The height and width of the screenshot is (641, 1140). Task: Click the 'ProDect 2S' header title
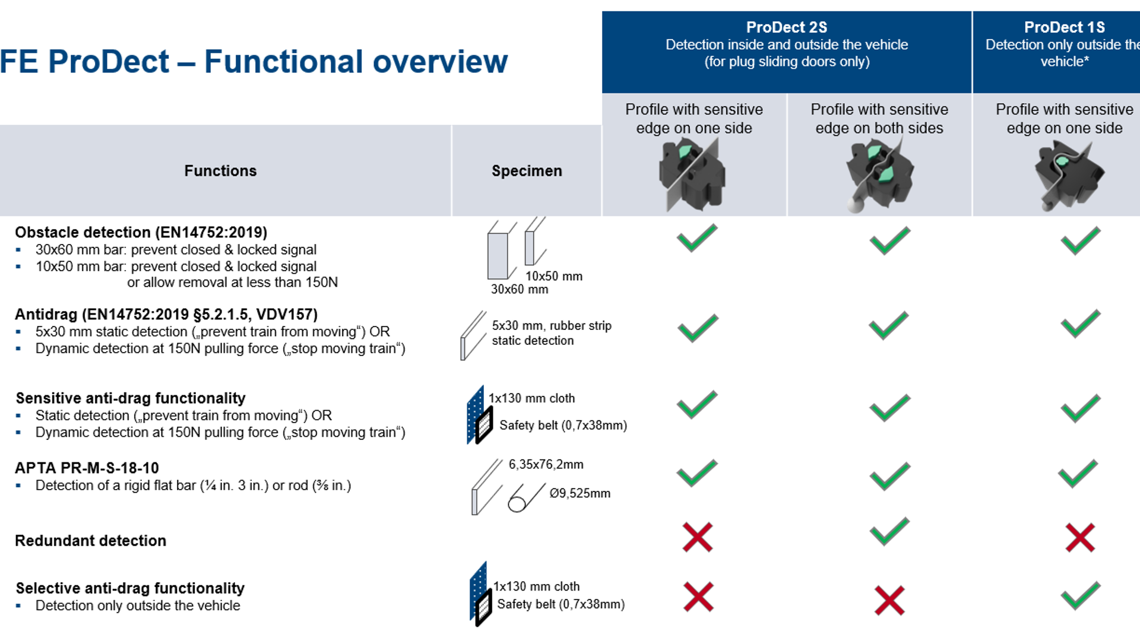point(786,27)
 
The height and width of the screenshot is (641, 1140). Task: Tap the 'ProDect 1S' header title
point(1064,27)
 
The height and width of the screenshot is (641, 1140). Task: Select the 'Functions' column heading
point(220,171)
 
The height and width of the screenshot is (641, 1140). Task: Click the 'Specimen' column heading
point(527,171)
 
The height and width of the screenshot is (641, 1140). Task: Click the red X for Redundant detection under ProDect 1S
point(1079,538)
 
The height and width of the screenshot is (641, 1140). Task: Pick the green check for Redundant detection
point(889,532)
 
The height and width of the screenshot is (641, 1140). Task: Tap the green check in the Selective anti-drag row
point(1080,596)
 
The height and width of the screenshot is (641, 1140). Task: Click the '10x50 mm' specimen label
point(553,276)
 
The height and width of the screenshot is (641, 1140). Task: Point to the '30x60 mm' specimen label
point(520,289)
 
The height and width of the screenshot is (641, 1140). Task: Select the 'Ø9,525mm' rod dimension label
point(579,493)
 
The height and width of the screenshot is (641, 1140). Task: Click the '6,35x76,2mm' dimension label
point(546,464)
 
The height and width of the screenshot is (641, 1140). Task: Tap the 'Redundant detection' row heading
point(90,541)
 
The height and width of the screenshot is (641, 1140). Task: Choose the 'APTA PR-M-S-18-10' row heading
point(87,468)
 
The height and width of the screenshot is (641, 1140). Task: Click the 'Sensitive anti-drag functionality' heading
point(130,398)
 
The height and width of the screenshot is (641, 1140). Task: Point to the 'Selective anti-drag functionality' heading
point(130,588)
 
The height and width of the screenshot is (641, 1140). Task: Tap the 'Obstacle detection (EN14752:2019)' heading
point(141,232)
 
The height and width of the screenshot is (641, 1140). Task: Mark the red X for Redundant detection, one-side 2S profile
point(697,538)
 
